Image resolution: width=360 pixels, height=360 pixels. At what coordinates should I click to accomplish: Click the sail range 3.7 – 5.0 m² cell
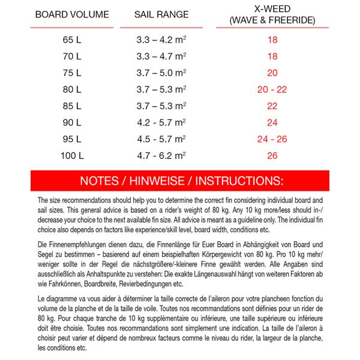pos(160,74)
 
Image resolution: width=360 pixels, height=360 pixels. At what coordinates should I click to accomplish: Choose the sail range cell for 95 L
pos(160,139)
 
